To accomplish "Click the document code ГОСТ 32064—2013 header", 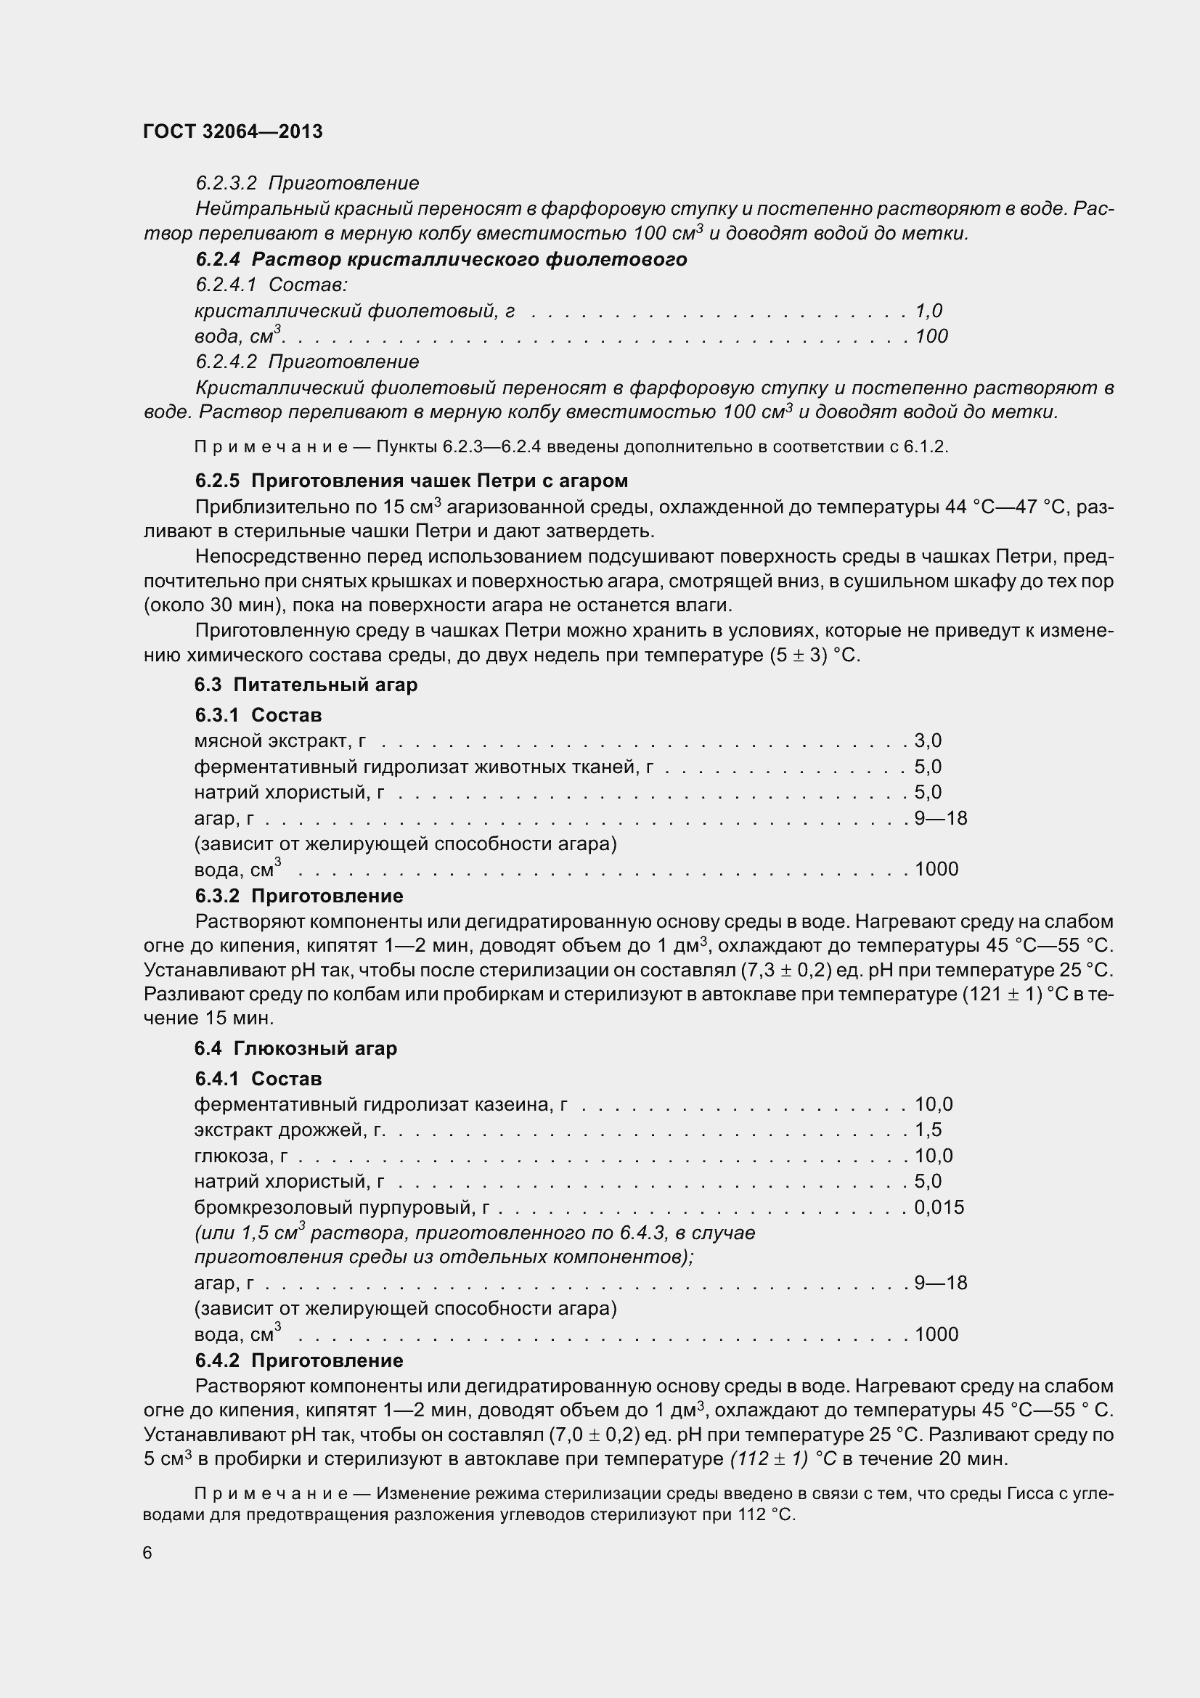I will pos(233,131).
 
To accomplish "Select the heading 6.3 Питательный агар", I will pos(306,685).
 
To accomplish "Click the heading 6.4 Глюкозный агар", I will pos(295,1049).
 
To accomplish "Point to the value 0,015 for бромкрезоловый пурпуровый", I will pos(939,1207).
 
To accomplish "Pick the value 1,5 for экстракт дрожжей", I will pos(928,1130).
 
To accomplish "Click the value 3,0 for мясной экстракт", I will pos(928,741).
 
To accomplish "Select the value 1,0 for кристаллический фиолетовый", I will pos(928,311).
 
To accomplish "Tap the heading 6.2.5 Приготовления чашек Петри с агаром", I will pos(412,481).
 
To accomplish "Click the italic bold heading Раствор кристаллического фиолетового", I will pos(470,260).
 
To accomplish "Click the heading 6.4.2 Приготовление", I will pos(299,1360).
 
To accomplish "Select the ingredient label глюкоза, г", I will pos(241,1156).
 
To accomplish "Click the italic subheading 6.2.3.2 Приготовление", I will pos(307,184).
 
